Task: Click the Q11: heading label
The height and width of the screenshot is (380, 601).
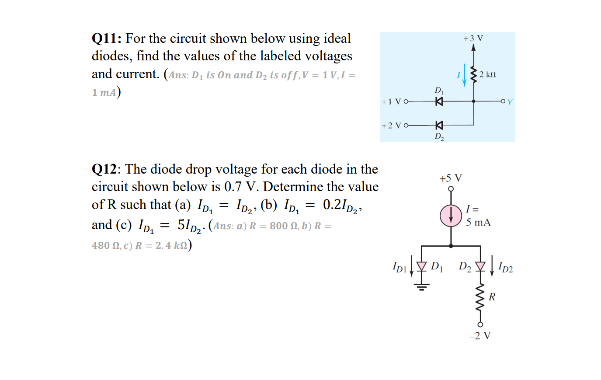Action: [x=106, y=38]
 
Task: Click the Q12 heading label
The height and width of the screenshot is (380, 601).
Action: [x=104, y=169]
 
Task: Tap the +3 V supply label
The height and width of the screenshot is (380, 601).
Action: [x=473, y=38]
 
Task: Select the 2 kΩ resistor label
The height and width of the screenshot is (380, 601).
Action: [x=487, y=75]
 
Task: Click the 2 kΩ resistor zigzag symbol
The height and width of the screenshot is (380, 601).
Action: [x=473, y=74]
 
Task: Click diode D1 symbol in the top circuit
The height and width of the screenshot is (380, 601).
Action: [x=439, y=101]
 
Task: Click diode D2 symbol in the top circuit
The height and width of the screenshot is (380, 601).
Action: [x=439, y=126]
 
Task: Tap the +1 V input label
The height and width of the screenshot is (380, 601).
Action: [x=391, y=102]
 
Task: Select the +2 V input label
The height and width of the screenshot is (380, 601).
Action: [x=391, y=126]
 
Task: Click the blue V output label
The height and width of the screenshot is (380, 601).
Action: [x=510, y=102]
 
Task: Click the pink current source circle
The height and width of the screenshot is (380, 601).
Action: [x=451, y=216]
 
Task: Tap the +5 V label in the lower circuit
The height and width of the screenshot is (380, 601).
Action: [x=451, y=178]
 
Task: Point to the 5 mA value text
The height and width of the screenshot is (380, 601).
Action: [x=478, y=223]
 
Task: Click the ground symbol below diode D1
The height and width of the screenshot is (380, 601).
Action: [x=421, y=286]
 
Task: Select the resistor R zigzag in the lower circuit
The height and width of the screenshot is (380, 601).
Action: [x=480, y=297]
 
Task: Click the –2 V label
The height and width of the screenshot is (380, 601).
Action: [x=480, y=336]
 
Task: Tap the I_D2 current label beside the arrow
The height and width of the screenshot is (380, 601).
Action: [x=505, y=268]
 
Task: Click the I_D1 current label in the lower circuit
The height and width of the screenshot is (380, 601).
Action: [x=400, y=267]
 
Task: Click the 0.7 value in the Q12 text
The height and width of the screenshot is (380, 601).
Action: [x=233, y=187]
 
